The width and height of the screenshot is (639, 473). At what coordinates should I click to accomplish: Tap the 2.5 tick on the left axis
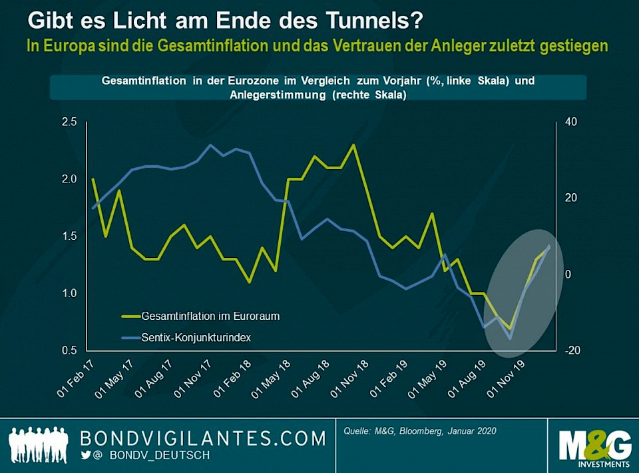69,122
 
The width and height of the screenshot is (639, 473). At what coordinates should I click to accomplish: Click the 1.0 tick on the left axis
69,293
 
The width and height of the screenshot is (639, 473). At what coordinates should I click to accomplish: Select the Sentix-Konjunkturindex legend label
197,337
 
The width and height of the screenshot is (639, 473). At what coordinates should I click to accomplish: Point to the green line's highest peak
353,145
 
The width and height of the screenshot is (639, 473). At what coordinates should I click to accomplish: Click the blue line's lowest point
511,338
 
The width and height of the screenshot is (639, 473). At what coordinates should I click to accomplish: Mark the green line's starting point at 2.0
93,179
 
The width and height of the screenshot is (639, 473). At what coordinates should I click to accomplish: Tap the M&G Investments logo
594,444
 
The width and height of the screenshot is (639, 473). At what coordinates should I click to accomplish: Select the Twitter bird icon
85,455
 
